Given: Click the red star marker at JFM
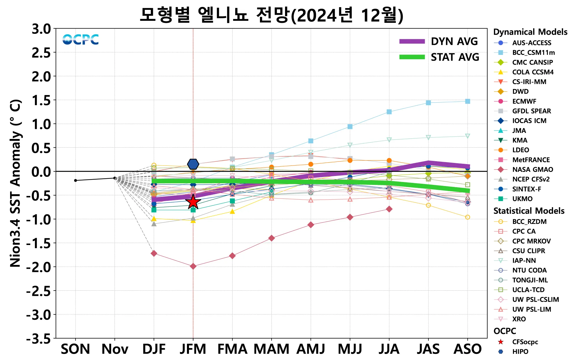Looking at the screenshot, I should pyautogui.click(x=193, y=202).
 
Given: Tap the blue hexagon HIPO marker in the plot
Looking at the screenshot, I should pyautogui.click(x=193, y=164).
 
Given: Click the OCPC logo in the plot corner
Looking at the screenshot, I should pyautogui.click(x=80, y=40).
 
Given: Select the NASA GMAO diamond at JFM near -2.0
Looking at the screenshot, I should pyautogui.click(x=193, y=266).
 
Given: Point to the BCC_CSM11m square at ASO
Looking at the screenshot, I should pyautogui.click(x=467, y=101).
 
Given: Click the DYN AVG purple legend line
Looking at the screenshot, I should pyautogui.click(x=412, y=41).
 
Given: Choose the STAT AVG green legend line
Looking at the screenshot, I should pyautogui.click(x=412, y=57).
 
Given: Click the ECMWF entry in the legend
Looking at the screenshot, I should pyautogui.click(x=524, y=101).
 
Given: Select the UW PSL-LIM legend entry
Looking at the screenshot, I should pyautogui.click(x=531, y=309).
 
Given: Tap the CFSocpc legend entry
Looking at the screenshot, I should pyautogui.click(x=525, y=342).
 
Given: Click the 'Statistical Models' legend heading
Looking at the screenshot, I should pyautogui.click(x=529, y=211).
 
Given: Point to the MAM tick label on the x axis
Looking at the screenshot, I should pyautogui.click(x=271, y=349).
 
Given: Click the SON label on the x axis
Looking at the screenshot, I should pyautogui.click(x=75, y=349).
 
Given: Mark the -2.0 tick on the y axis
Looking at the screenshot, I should pyautogui.click(x=38, y=267).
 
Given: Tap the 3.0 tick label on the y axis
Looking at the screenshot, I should pyautogui.click(x=41, y=29).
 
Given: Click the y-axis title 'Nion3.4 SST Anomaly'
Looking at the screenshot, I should pyautogui.click(x=16, y=183).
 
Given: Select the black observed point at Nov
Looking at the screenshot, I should pyautogui.click(x=115, y=178).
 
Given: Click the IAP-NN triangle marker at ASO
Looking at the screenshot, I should pyautogui.click(x=467, y=136).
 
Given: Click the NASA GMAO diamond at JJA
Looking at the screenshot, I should pyautogui.click(x=389, y=209).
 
